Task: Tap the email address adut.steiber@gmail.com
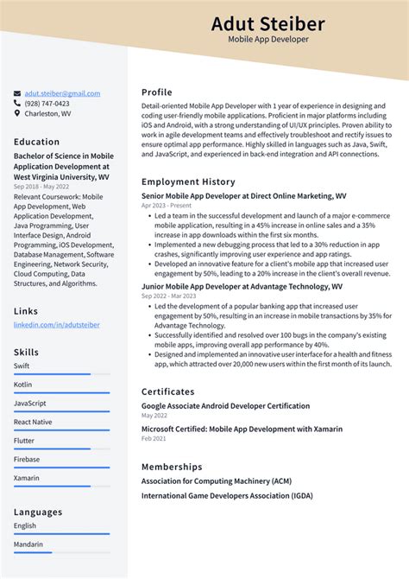coord(62,93)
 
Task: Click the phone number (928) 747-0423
coord(47,103)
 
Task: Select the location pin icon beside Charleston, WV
coord(17,113)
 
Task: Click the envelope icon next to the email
coord(17,93)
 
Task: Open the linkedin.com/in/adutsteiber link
coord(56,325)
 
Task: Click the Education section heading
coord(37,142)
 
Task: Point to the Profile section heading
coord(157,92)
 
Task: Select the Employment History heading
coord(188,182)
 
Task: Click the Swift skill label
coord(22,366)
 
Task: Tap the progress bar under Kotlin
coord(61,393)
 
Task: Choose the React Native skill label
coord(33,422)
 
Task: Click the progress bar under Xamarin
coord(61,486)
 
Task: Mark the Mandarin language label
coord(28,544)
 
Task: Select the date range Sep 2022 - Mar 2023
coord(170,296)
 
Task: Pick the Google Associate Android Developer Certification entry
coord(225,405)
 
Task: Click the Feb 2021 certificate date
coord(154,439)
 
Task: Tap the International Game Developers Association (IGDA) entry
coord(227,496)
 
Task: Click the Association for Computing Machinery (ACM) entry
coord(216,480)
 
